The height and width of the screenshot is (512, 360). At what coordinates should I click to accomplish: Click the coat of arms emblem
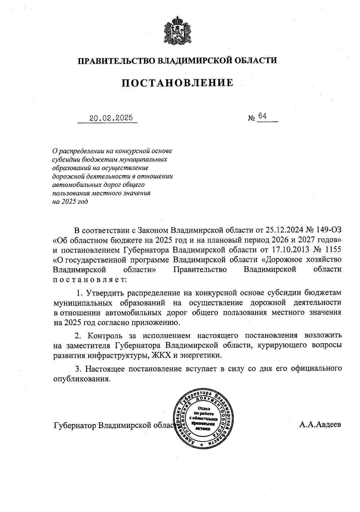[177, 31]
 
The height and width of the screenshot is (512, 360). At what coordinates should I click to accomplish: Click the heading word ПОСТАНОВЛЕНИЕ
[177, 83]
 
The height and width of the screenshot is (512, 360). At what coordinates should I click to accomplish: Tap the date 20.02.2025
[111, 118]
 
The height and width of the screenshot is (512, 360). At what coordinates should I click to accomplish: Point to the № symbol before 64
[251, 118]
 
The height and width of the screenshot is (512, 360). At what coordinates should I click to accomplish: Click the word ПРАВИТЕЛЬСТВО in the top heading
[117, 61]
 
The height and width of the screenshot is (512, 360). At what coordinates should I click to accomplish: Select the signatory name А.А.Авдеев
[320, 425]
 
